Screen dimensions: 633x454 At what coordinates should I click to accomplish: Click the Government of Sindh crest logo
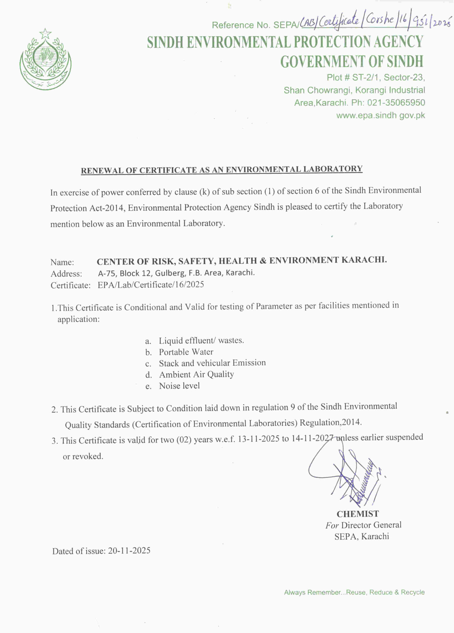tap(45, 59)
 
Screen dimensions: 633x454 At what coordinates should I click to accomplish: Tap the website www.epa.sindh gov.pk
tap(380, 115)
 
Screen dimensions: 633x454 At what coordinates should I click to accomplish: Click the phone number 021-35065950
tap(396, 103)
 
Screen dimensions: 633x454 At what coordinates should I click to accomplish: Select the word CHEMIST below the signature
tap(357, 514)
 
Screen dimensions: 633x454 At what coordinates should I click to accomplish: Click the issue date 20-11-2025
tap(129, 550)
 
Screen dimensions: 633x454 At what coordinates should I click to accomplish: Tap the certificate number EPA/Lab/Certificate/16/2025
tap(151, 285)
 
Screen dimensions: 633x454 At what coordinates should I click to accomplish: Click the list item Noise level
tap(179, 386)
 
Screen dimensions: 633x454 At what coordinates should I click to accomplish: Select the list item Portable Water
tap(186, 352)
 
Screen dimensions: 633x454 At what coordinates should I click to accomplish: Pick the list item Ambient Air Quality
tap(196, 374)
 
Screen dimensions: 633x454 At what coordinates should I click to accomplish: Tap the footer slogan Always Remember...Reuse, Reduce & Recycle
tap(354, 592)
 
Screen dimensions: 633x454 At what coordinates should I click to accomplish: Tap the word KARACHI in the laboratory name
tap(364, 260)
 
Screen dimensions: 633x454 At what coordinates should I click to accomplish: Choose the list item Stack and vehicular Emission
tap(212, 363)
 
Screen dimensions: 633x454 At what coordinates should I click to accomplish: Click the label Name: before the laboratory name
tap(62, 262)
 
